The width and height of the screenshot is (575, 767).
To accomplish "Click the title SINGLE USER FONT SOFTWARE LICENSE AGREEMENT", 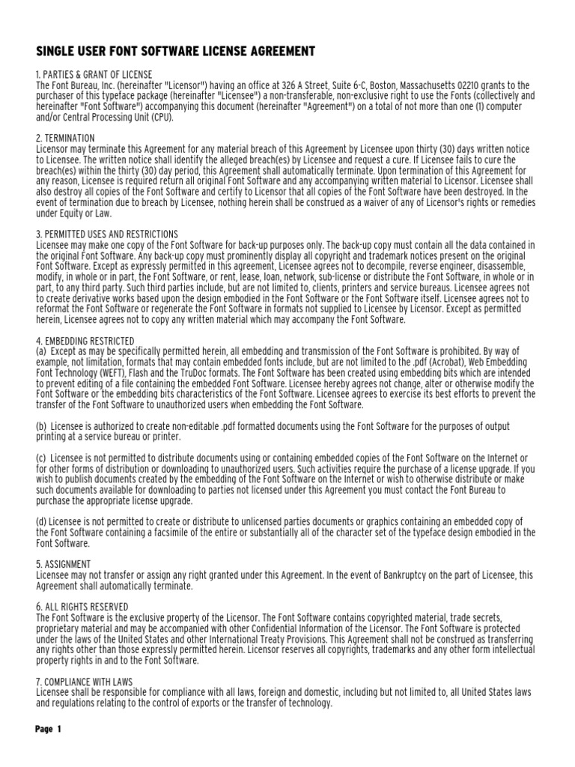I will click(x=165, y=51).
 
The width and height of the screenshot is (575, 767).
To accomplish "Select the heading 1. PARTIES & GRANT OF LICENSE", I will click(x=94, y=75).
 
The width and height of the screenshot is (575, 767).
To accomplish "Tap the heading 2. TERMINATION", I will click(x=66, y=139).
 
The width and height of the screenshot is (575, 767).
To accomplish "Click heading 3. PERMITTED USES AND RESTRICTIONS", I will click(x=107, y=234).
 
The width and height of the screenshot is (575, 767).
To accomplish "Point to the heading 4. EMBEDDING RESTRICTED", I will click(x=85, y=341).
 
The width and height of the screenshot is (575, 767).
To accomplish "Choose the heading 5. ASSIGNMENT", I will click(x=64, y=564).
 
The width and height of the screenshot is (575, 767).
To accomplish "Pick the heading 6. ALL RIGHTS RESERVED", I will click(x=82, y=607).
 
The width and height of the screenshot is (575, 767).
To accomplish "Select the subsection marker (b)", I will click(x=42, y=426).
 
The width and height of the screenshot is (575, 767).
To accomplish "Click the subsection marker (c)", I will click(x=42, y=458).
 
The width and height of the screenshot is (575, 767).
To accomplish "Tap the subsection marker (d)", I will click(x=42, y=521).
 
